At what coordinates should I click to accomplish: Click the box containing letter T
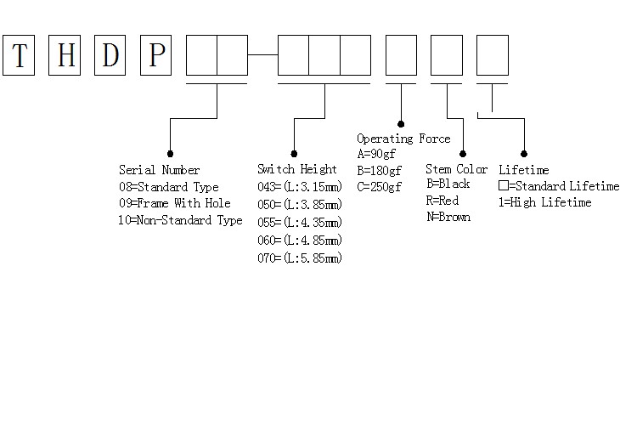(19, 55)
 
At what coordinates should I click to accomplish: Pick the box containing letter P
(156, 55)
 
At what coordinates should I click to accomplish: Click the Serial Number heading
(159, 170)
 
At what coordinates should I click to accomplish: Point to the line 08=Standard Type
(168, 187)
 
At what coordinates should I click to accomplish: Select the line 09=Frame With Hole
(174, 204)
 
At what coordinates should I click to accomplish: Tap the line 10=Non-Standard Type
(180, 220)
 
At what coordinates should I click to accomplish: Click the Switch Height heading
(296, 169)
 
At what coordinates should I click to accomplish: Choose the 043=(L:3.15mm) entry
(300, 187)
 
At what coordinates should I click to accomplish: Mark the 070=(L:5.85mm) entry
(300, 258)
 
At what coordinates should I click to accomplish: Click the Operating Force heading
(403, 139)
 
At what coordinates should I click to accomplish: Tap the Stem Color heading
(456, 169)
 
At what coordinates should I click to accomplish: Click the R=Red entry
(442, 201)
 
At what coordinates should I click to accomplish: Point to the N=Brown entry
(448, 217)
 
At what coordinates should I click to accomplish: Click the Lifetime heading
(523, 170)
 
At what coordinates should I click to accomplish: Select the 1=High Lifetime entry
(544, 202)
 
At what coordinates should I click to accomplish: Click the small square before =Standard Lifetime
(503, 185)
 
